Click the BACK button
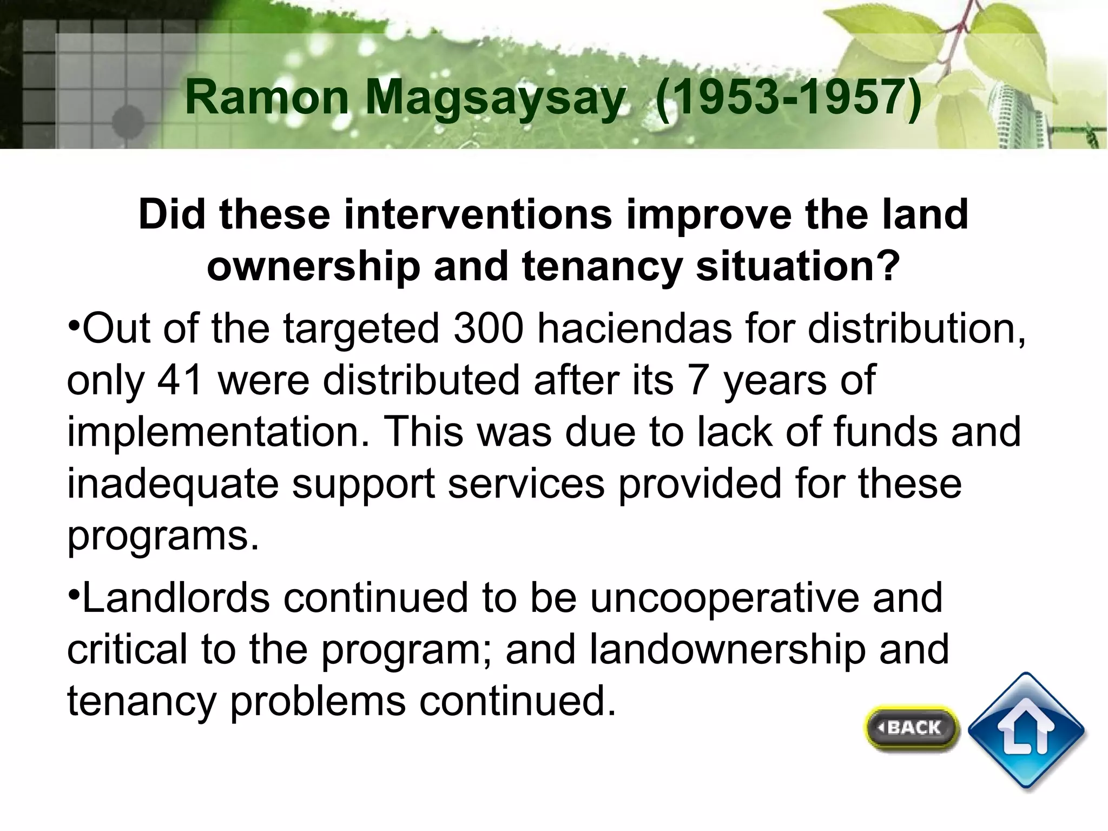[912, 728]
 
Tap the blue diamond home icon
[1026, 731]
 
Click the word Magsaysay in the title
[496, 98]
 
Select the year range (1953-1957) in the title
[788, 98]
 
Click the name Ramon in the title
[267, 98]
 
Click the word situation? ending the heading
[798, 266]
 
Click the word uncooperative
[724, 598]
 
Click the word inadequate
[173, 484]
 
